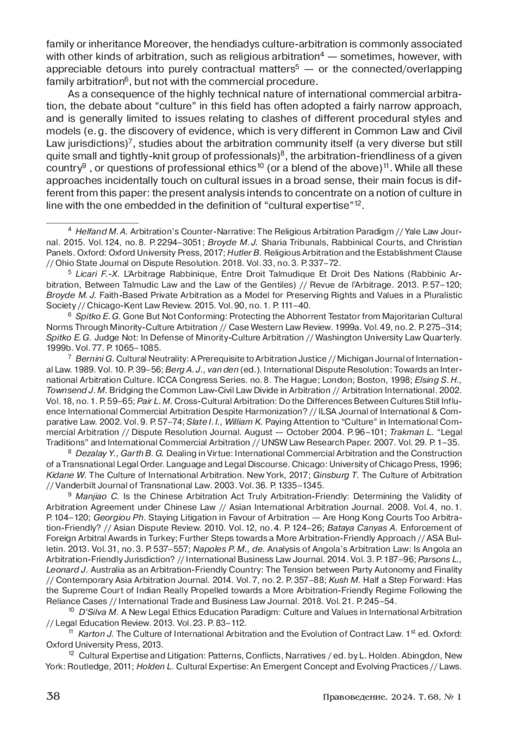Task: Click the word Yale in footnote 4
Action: point(412,232)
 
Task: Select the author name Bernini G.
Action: point(94,359)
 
